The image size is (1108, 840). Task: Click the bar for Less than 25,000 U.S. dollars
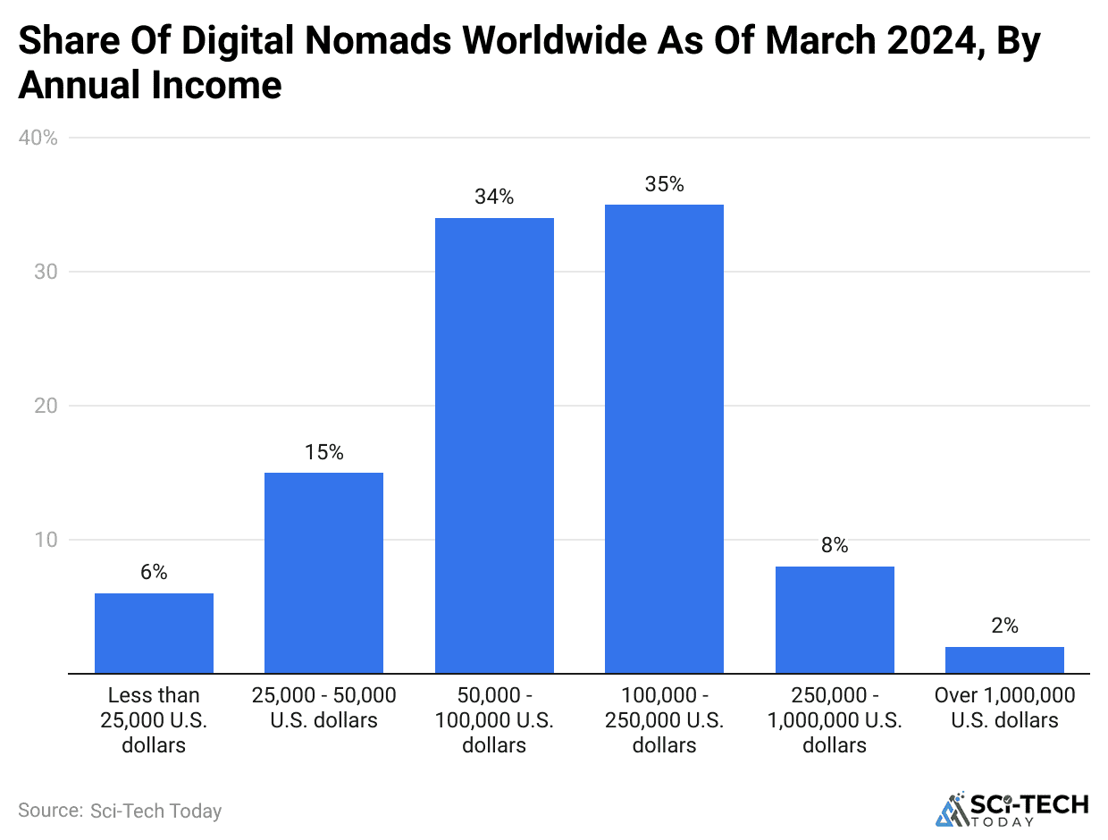coord(154,633)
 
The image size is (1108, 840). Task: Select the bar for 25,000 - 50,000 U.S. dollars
coord(323,573)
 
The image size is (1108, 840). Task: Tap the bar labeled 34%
coord(494,445)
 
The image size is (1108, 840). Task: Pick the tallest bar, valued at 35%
coord(664,439)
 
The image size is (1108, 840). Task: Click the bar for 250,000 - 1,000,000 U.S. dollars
coord(835,619)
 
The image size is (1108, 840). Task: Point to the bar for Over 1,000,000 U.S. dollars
coord(1004,659)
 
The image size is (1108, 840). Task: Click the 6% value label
coord(154,573)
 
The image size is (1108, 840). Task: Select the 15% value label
coord(323,452)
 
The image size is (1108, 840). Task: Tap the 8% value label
coord(835,545)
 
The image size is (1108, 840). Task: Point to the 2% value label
coord(1004,626)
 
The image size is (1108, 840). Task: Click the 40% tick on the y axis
coord(38,138)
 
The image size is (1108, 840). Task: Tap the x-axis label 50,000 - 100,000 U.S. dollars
coord(494,720)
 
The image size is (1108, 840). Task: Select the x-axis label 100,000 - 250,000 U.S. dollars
coord(664,720)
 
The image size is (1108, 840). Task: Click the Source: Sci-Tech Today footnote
coord(120,811)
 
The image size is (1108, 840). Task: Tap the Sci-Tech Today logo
coord(1011,808)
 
